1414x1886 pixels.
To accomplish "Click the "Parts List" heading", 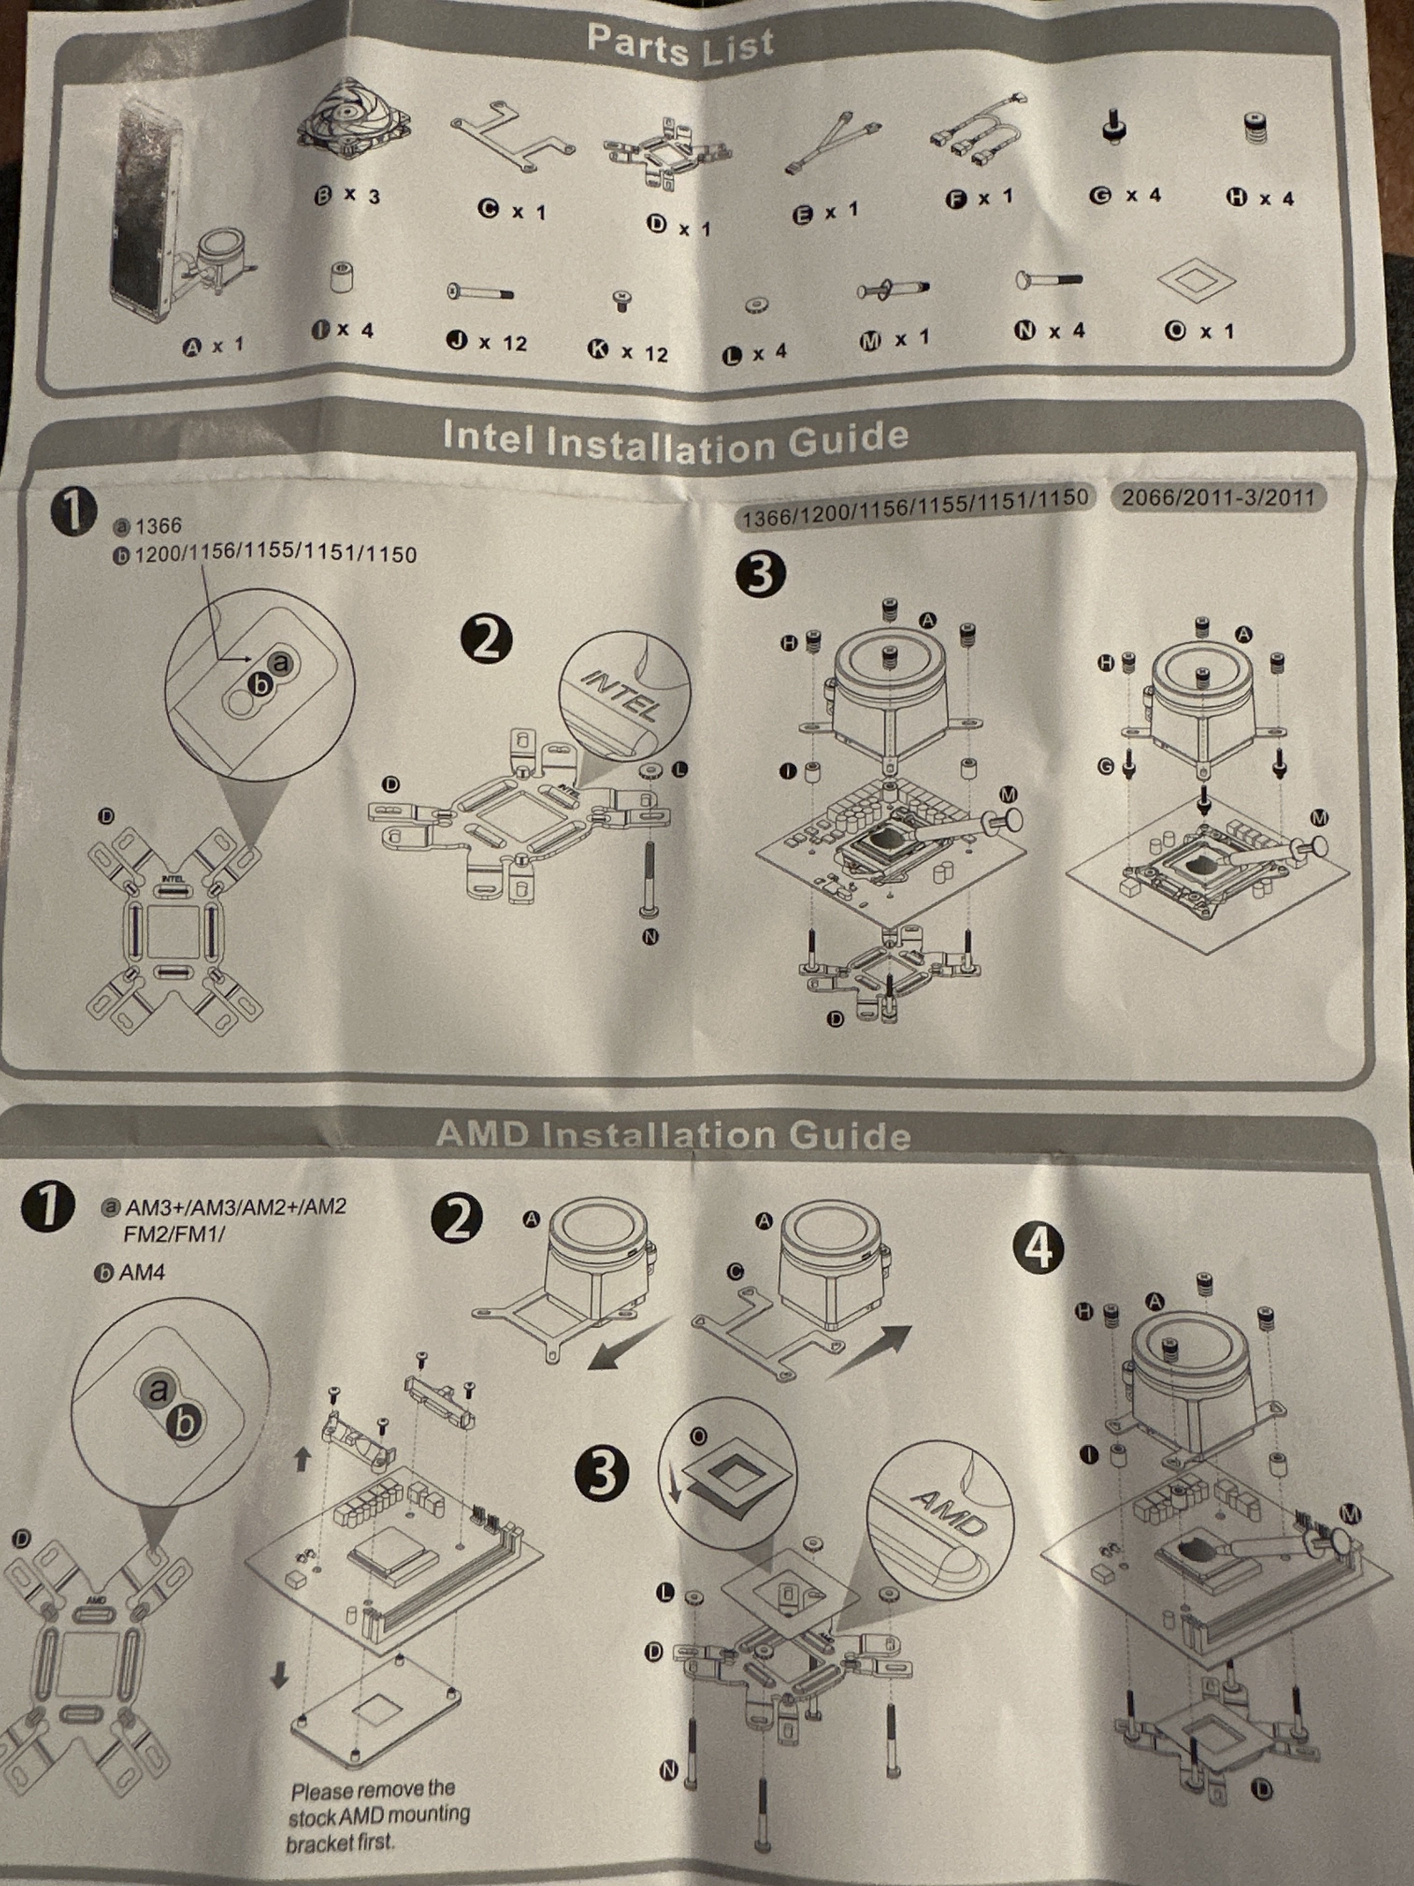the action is click(680, 46).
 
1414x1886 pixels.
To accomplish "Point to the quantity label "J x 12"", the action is click(487, 342).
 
